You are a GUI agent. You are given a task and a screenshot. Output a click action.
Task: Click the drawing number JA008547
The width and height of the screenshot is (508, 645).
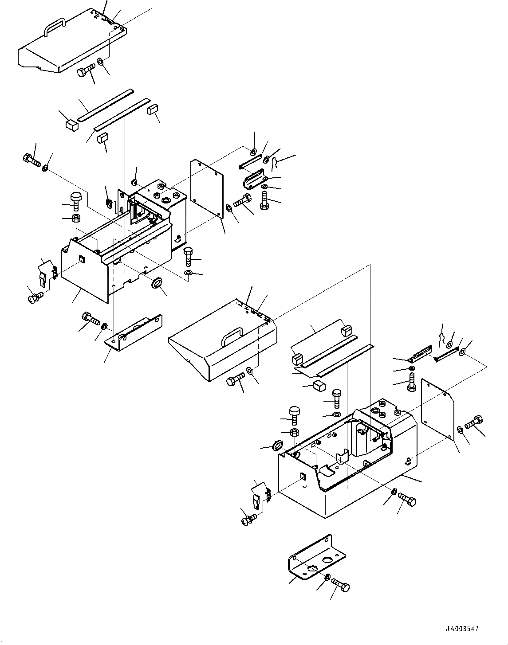coord(462,629)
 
